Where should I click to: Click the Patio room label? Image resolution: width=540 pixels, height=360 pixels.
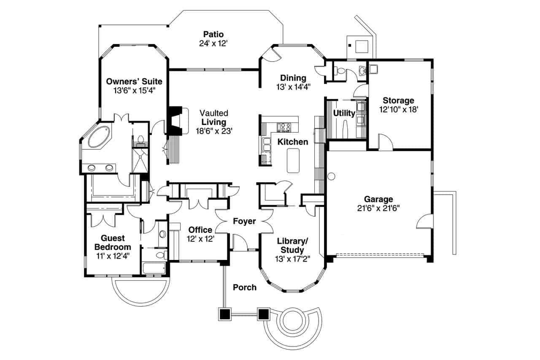tap(213, 34)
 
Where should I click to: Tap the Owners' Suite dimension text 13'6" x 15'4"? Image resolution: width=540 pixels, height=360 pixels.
tap(134, 90)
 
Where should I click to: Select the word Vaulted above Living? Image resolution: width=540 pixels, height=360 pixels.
tap(214, 113)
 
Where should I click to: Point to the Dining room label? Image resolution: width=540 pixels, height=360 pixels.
tap(293, 78)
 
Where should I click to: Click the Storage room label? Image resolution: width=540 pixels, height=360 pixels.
tap(398, 100)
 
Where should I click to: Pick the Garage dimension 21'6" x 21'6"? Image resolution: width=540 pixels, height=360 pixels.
tap(378, 208)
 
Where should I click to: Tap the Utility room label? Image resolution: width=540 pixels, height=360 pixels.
tap(344, 113)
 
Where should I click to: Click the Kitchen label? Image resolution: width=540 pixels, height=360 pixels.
tap(292, 142)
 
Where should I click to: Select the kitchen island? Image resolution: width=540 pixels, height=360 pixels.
tap(293, 160)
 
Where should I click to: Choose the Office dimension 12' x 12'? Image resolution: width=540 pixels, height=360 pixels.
tap(201, 238)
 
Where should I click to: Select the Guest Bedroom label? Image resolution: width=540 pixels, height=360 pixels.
tap(113, 243)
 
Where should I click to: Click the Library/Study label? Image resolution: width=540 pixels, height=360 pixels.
tap(292, 245)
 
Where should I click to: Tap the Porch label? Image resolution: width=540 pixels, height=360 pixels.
tap(245, 287)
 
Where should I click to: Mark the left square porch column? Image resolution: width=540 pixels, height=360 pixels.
tap(225, 314)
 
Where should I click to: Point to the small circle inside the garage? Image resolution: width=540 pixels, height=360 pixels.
tap(331, 176)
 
